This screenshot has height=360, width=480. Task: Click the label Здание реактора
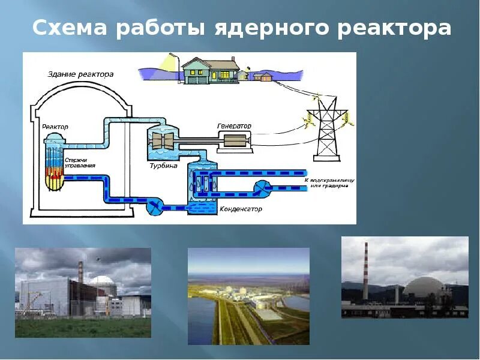pyautogui.click(x=80, y=74)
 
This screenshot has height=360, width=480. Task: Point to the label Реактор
pyautogui.click(x=55, y=127)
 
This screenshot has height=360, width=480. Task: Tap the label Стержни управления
pyautogui.click(x=79, y=162)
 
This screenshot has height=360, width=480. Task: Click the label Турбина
pyautogui.click(x=163, y=166)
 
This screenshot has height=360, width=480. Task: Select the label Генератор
pyautogui.click(x=234, y=126)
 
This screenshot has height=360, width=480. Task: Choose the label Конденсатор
pyautogui.click(x=238, y=209)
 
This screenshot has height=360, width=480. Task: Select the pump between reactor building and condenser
pyautogui.click(x=156, y=207)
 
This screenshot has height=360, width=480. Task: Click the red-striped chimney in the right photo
pyautogui.click(x=365, y=270)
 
